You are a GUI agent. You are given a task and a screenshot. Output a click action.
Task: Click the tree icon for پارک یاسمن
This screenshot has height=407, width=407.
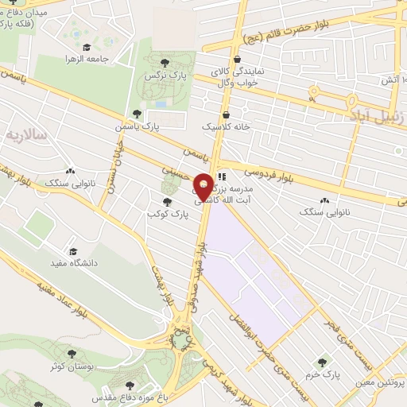138,114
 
